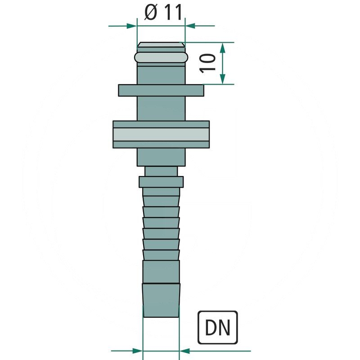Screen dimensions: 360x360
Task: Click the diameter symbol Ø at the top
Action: pos(151,13)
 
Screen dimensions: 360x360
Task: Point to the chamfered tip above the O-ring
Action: pos(161,45)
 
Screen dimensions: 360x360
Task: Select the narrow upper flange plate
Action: pos(161,90)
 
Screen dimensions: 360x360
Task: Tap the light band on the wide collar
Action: pos(161,135)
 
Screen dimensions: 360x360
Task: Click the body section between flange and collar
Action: pos(161,108)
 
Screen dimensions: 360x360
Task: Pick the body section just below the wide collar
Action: pos(161,157)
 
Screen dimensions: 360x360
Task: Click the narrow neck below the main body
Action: pos(161,171)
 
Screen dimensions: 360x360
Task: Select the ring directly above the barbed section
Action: pos(161,182)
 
